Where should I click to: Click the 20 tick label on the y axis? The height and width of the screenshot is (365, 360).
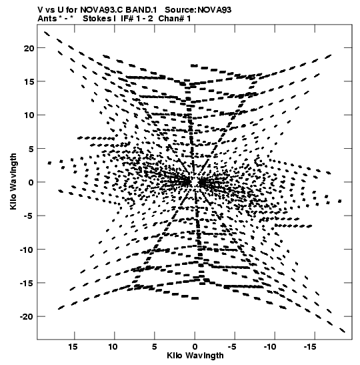29,48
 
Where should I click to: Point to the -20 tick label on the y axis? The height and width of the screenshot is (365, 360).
27,316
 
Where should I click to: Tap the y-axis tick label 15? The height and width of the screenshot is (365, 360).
29,81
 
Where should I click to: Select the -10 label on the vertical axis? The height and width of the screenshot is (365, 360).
27,250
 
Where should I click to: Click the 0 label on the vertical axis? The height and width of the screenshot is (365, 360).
31,182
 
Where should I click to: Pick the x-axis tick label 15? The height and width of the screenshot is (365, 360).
73,347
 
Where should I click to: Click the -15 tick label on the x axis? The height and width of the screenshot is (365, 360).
310,347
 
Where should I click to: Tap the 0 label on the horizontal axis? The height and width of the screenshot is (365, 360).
195,347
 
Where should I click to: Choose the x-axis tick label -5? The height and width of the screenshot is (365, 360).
231,347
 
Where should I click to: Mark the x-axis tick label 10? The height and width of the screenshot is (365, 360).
113,347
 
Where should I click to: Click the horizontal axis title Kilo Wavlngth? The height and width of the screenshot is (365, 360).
195,356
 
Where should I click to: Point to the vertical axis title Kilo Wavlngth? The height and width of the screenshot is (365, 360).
13,181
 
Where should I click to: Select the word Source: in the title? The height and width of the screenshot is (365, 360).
181,10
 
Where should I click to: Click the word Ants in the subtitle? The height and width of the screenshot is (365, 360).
47,19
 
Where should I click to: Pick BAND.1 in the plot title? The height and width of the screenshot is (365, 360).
141,10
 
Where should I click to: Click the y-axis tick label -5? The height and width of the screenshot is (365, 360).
29,216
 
